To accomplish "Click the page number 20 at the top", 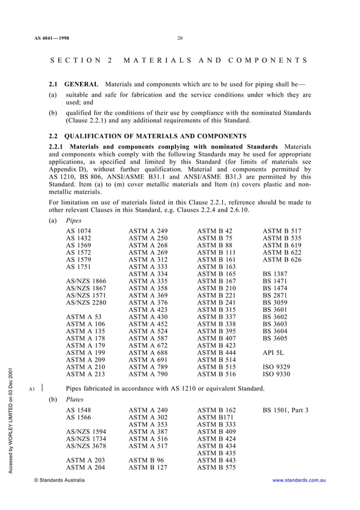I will tap(180, 38).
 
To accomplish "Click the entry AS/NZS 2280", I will tap(86, 302).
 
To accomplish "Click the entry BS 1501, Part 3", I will tap(286, 409).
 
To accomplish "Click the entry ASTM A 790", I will tap(148, 373).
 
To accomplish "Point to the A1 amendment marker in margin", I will tap(32, 389).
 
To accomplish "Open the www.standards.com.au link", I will tap(300, 480).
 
